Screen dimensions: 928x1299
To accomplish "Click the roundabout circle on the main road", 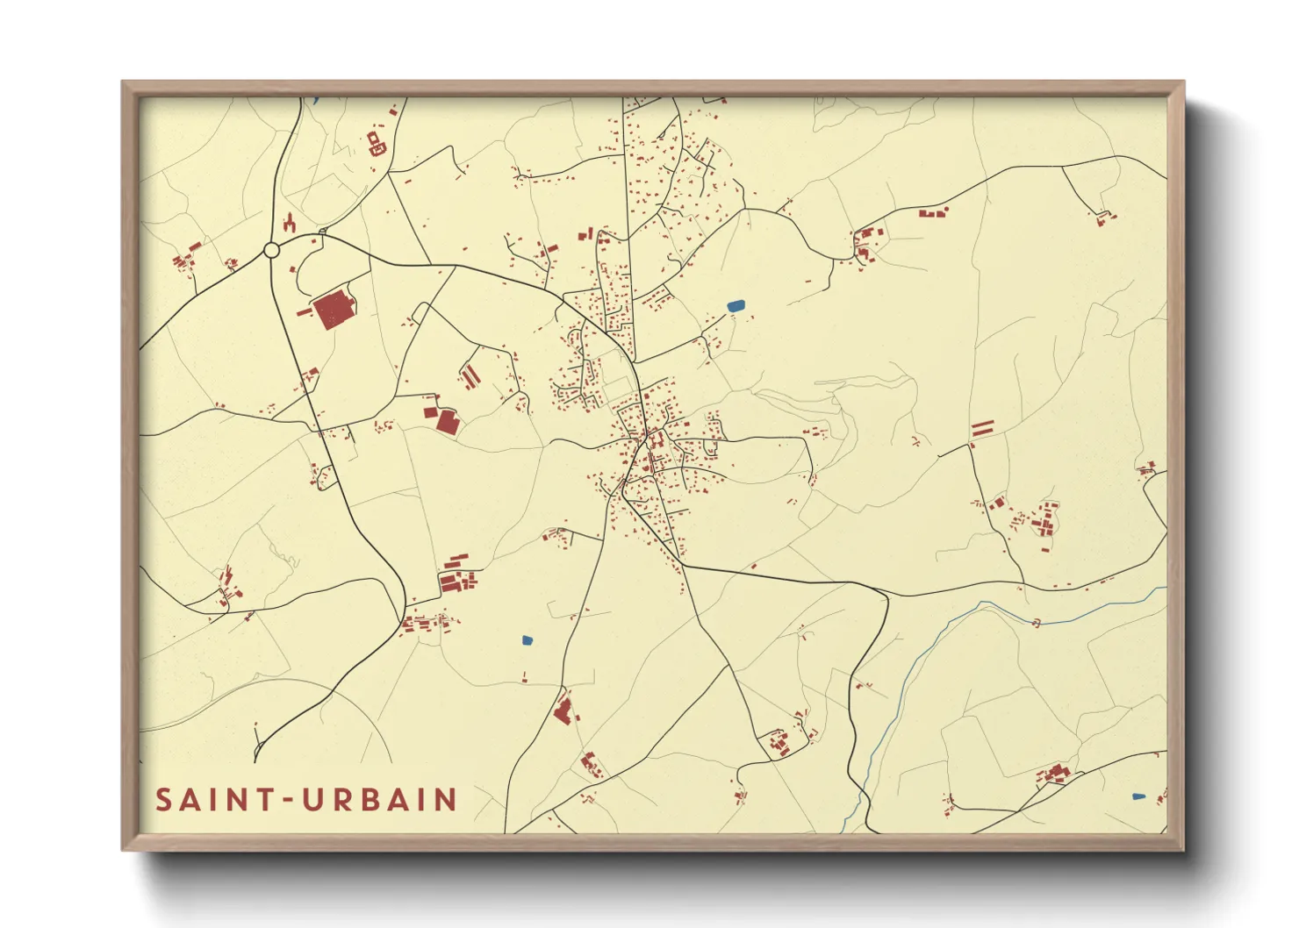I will click(271, 251).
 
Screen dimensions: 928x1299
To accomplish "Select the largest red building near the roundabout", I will click(334, 311).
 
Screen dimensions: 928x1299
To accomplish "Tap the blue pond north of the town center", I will click(736, 306).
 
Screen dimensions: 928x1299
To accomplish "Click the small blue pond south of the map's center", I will click(527, 640).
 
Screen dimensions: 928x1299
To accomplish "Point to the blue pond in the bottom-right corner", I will click(1138, 796).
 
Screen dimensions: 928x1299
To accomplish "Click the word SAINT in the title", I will click(212, 800).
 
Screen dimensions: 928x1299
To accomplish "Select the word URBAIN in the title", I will click(380, 800).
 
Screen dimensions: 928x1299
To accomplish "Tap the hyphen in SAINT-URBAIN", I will click(286, 801).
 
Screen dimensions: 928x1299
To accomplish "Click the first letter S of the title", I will click(163, 800).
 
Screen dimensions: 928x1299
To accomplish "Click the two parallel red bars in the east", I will click(982, 429).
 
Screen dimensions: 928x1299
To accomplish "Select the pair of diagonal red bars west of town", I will click(470, 376).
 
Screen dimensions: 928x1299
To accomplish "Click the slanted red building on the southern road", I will click(563, 709).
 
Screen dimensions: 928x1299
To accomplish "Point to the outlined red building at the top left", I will click(376, 143).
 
